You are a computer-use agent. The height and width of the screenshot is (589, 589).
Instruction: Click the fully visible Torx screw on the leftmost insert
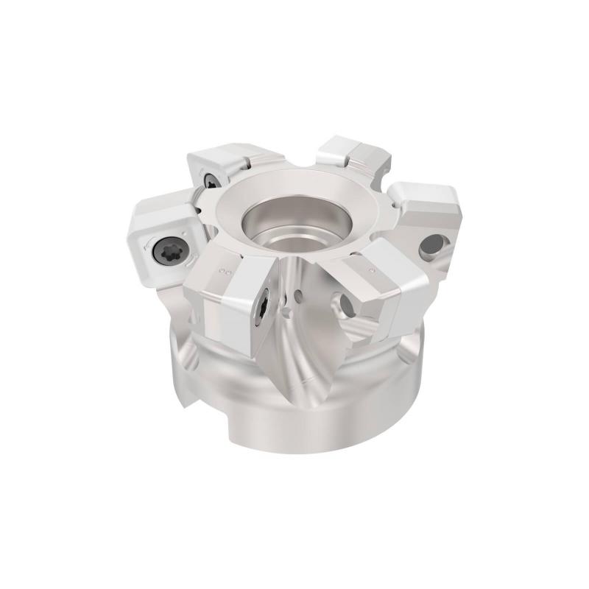164,253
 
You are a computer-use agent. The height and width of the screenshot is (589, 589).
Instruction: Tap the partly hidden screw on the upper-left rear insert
211,180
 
